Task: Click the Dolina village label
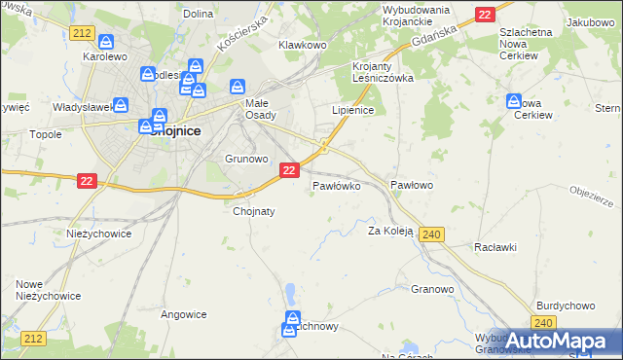(198, 14)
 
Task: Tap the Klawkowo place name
(301, 45)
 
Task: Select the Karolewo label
(106, 56)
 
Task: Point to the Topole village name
(46, 135)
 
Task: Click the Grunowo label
(246, 158)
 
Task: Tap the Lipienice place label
(353, 111)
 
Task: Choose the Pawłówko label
(337, 184)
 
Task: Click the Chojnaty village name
(254, 210)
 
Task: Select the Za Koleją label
(390, 232)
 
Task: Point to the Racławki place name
(495, 247)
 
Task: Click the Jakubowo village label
(593, 21)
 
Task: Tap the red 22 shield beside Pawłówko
(289, 170)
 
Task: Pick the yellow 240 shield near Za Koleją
(434, 234)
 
